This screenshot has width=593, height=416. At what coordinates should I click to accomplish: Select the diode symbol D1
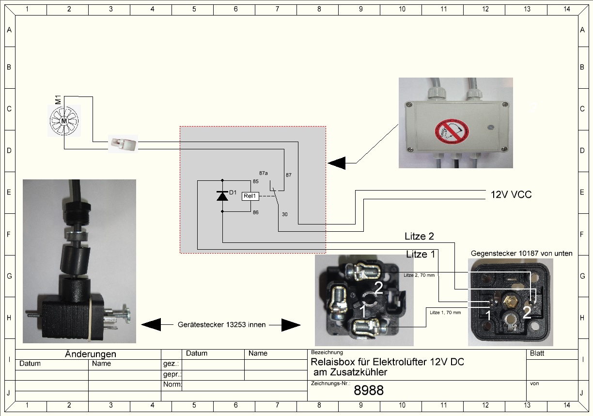[222, 196]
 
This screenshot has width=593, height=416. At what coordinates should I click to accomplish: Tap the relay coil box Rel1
[250, 196]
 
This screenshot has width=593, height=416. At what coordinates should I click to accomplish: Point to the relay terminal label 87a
[264, 173]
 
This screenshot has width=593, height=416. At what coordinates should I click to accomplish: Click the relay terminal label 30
[285, 214]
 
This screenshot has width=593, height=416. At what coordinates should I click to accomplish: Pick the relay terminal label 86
[255, 212]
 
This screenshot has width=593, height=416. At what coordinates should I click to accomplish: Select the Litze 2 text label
[419, 237]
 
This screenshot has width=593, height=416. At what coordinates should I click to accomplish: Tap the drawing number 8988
[369, 390]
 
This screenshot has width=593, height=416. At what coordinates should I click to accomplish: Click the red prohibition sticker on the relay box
[451, 131]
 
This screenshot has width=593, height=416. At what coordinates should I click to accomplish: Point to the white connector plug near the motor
[123, 144]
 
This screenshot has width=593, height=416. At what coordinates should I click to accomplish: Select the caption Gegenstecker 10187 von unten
[521, 253]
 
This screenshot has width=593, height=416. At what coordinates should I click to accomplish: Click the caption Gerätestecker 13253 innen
[221, 325]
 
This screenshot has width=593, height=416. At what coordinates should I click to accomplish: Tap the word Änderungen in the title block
[90, 354]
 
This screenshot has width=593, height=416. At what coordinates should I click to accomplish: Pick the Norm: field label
[172, 385]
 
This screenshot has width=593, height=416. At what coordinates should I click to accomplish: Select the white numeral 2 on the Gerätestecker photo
[378, 288]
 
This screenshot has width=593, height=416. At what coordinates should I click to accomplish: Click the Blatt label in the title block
[537, 353]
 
